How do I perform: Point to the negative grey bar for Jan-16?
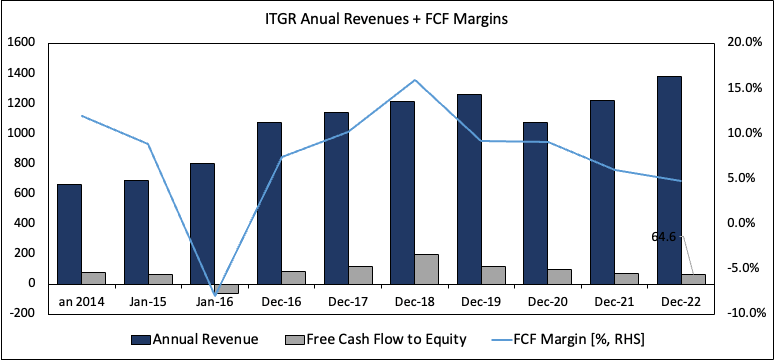226,288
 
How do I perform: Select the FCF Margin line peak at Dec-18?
414,80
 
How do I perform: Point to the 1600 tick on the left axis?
21,43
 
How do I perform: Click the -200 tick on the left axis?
21,313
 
